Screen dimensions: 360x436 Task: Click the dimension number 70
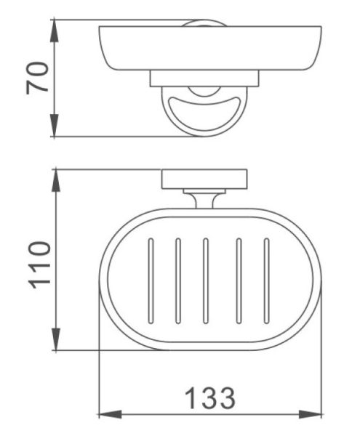pos(37,78)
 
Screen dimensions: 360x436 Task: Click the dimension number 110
pos(40,265)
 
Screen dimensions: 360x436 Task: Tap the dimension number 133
pos(210,398)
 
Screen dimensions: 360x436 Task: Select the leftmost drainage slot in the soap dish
pos(151,280)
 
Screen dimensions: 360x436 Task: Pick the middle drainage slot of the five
pos(206,280)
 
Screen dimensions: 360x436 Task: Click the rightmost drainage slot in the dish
pos(266,280)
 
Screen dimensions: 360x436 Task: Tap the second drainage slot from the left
pos(178,280)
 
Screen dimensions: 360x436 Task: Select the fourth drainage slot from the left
pos(239,280)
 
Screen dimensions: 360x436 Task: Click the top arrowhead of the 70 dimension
pos(55,31)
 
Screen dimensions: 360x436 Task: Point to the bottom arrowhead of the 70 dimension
pos(55,126)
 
